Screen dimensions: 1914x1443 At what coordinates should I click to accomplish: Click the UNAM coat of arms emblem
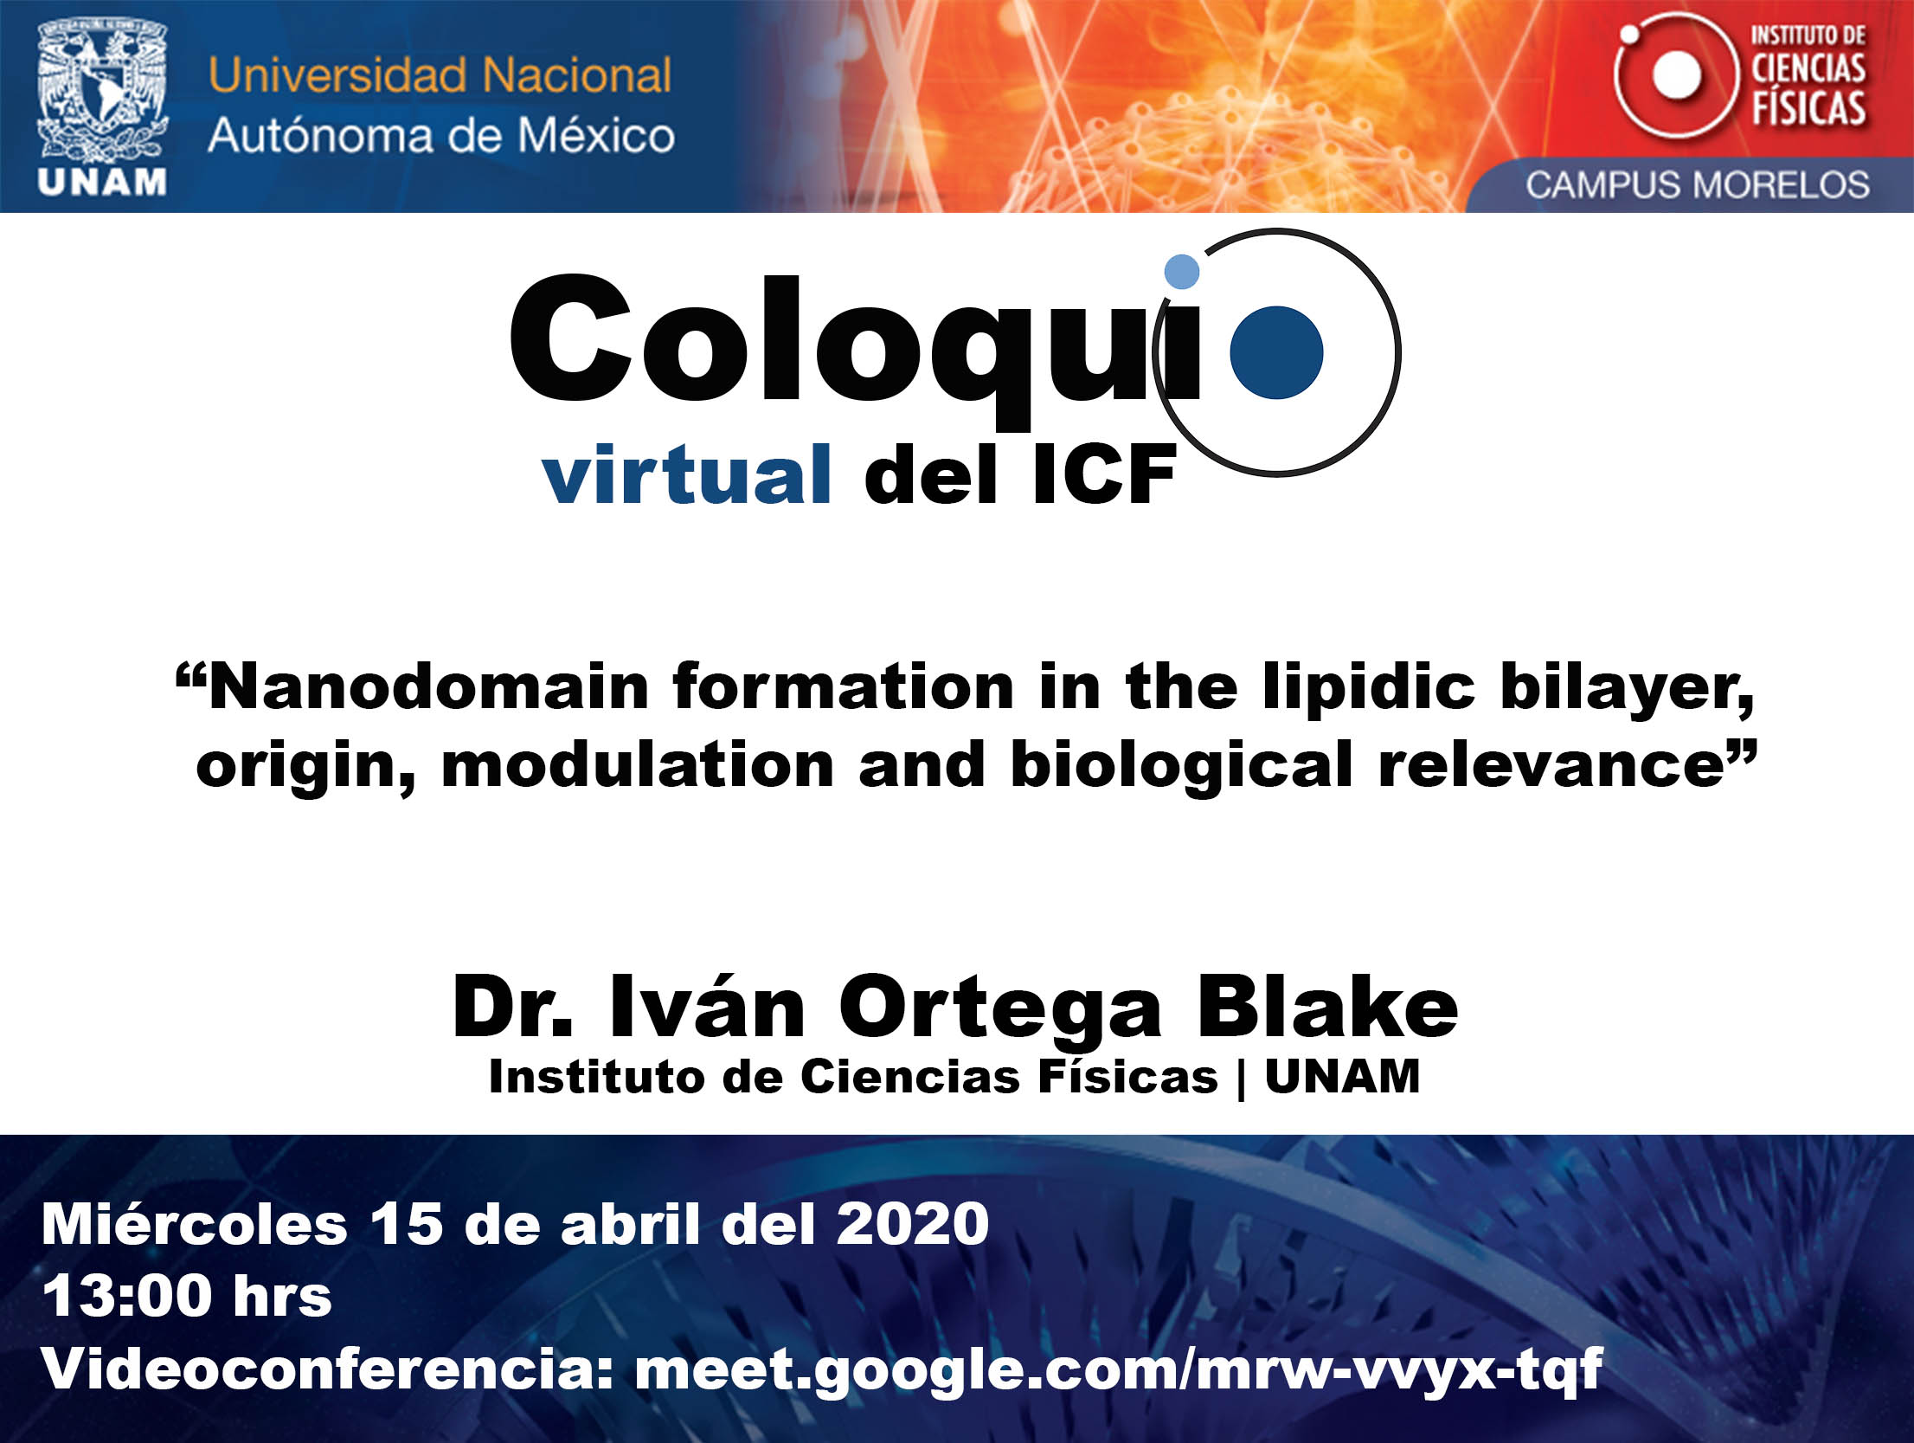[102, 92]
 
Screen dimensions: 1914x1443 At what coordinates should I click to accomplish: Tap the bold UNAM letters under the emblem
[102, 183]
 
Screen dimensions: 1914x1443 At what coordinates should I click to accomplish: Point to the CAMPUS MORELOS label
[1697, 184]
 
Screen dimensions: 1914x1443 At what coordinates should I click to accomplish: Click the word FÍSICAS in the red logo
[1808, 109]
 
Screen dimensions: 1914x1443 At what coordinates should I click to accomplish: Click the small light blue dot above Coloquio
[1182, 271]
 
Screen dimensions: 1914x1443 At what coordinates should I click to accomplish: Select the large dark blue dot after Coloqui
[1276, 352]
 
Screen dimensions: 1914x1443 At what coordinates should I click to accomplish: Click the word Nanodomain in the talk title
[429, 687]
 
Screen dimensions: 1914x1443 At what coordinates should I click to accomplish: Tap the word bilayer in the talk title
[1627, 689]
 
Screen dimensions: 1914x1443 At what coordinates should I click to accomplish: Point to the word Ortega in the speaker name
[1000, 1011]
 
